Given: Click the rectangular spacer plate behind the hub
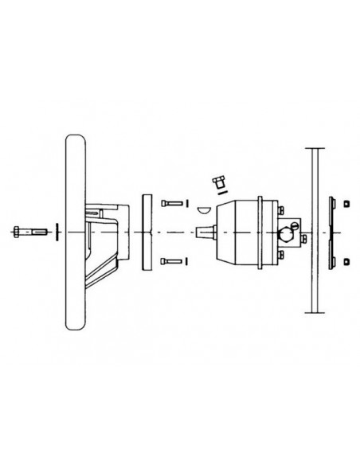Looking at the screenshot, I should (x=145, y=232).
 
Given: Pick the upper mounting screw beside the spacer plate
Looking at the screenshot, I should (x=170, y=203).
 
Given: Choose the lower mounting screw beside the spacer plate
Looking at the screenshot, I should (x=170, y=261).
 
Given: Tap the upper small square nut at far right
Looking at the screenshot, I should (x=347, y=205).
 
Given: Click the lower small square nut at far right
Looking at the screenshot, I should (x=347, y=260).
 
